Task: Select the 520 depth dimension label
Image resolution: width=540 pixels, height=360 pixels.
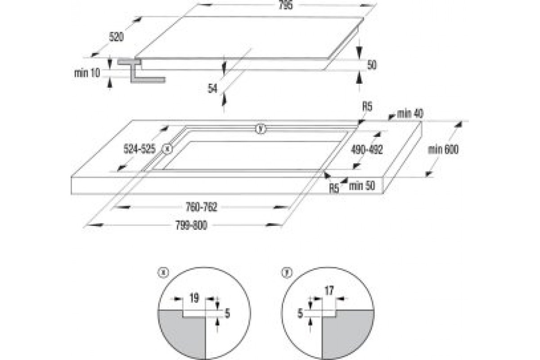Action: tap(116, 37)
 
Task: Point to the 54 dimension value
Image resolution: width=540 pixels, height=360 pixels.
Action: tap(213, 89)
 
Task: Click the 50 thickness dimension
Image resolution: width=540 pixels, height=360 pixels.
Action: tap(371, 65)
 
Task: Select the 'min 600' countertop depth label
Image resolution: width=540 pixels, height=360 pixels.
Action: tap(443, 150)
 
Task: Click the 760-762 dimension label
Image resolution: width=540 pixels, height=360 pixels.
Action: tap(202, 207)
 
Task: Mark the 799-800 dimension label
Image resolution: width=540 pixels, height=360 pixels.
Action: tap(192, 226)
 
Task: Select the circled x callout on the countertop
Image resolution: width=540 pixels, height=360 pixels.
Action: tap(167, 148)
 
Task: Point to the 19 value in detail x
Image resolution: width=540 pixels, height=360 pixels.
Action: tap(194, 297)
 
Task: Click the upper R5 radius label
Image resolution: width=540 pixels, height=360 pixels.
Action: tap(367, 107)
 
